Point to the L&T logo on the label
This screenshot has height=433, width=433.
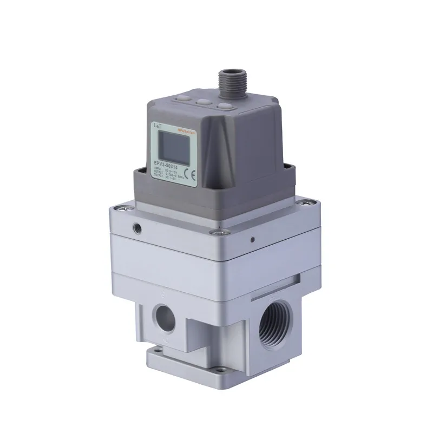pos(157,126)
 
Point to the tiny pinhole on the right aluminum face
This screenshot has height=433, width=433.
pos(253,237)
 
